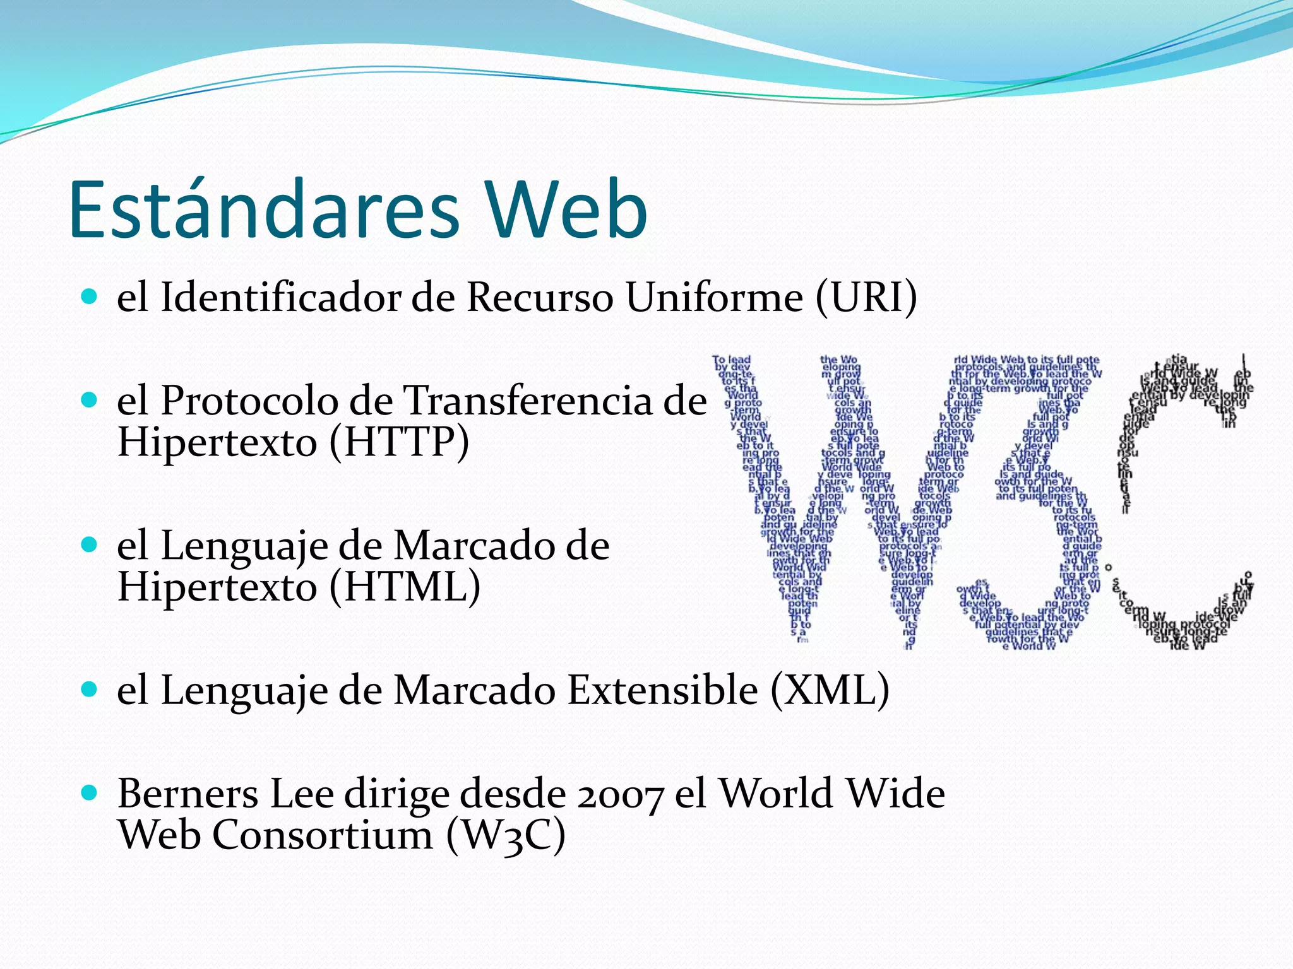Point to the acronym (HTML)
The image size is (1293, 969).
coord(405,587)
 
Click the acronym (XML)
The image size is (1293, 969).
coord(830,690)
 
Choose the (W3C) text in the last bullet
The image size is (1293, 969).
coord(505,835)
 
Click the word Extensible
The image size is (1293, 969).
coord(662,690)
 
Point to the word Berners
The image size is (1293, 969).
coord(188,794)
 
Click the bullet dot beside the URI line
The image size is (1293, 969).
coord(90,297)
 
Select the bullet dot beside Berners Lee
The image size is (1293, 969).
coord(90,793)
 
